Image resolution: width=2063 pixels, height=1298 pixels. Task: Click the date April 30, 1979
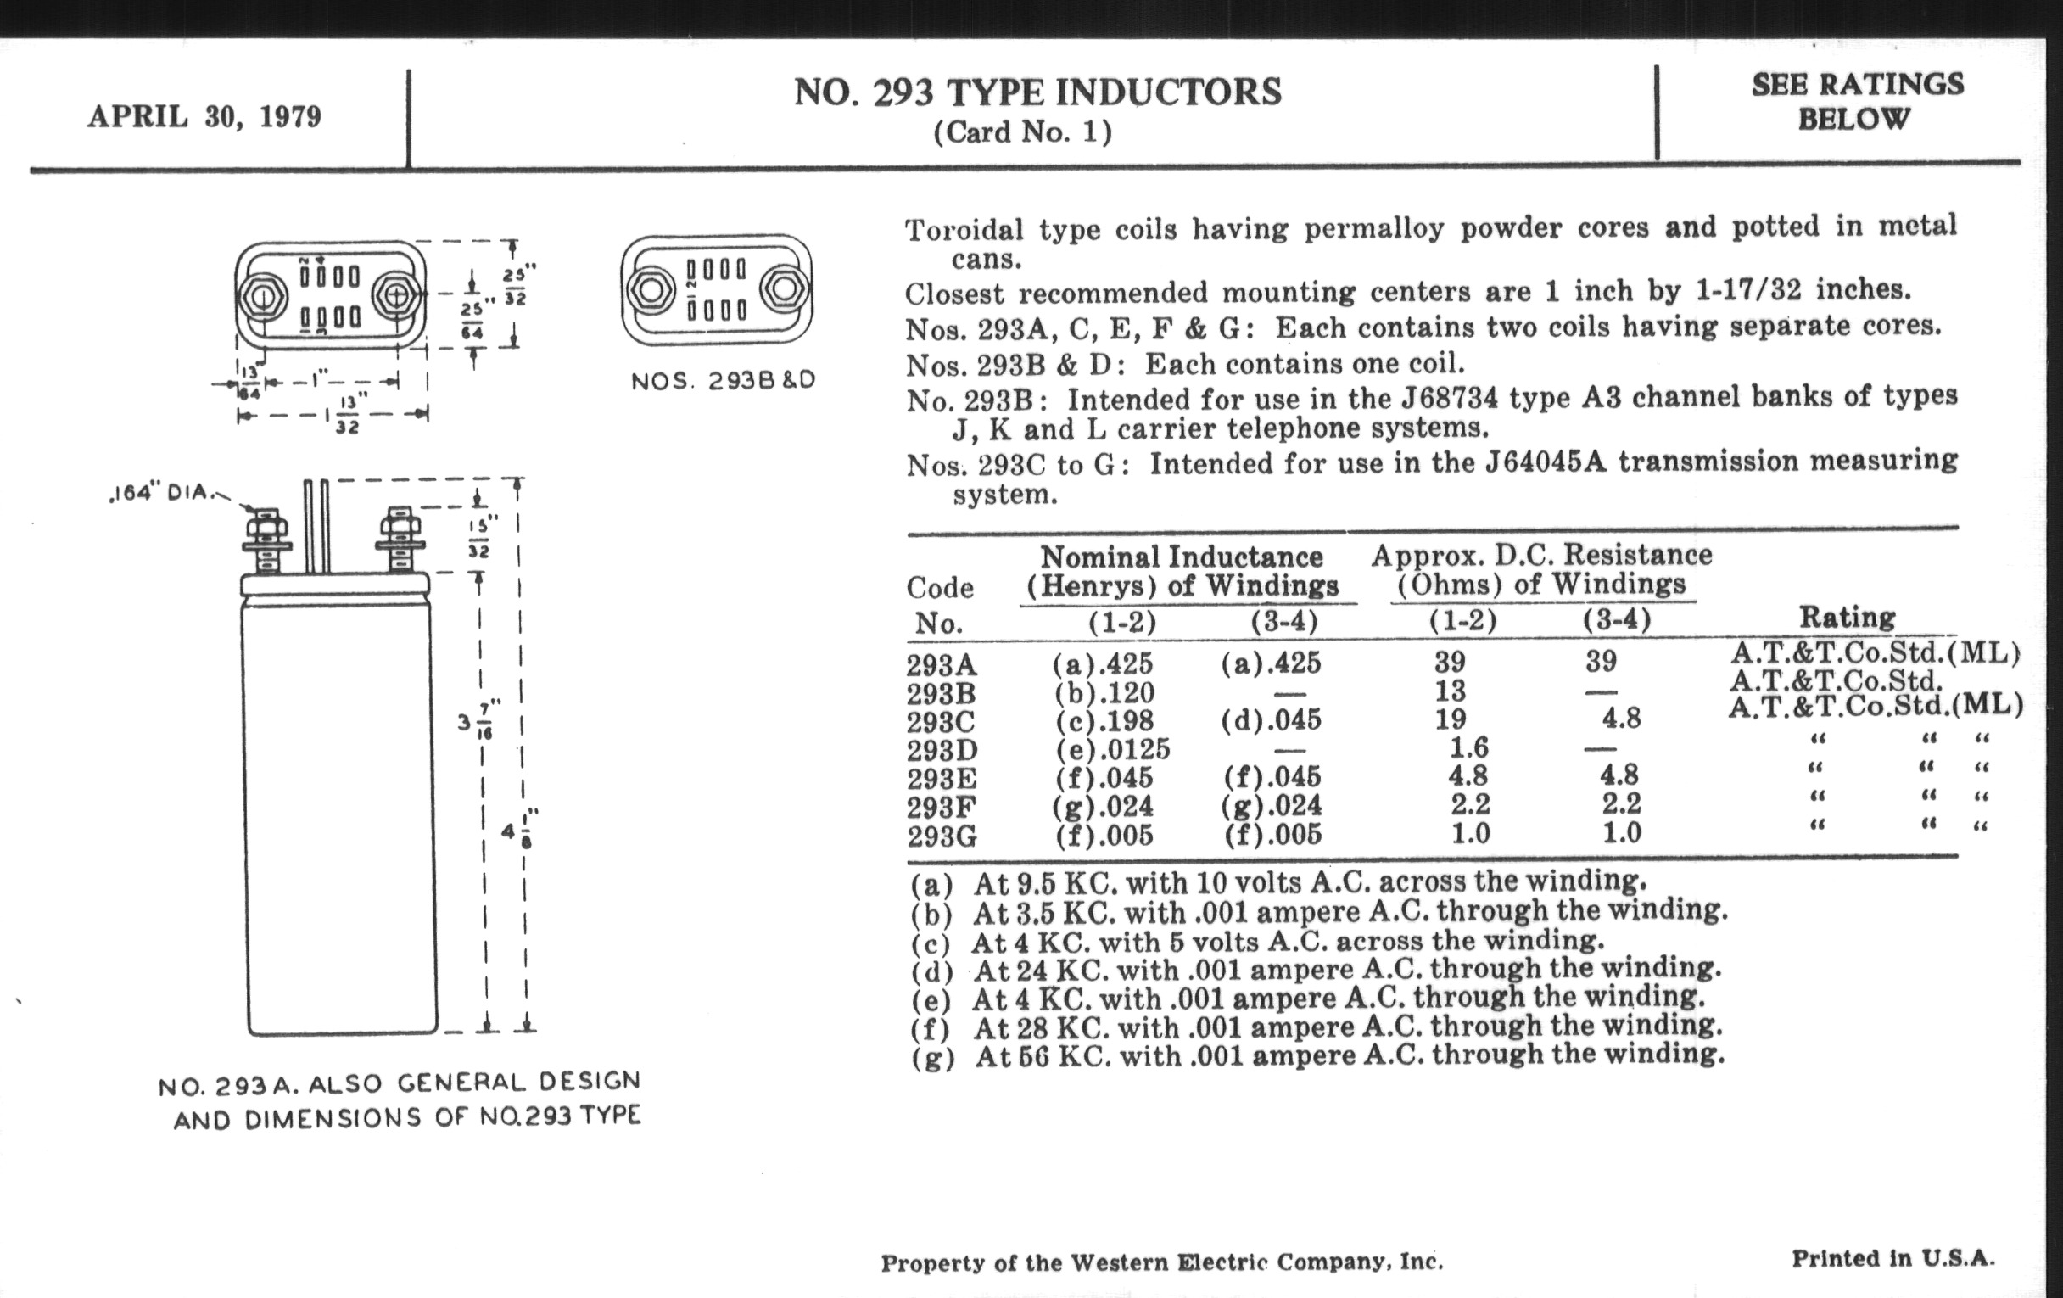(204, 116)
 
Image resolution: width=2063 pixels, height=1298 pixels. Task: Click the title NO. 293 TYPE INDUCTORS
(1037, 92)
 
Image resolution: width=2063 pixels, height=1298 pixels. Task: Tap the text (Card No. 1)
(1022, 132)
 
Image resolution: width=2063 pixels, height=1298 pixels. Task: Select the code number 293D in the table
(942, 751)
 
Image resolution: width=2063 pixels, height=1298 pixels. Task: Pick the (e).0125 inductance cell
(1112, 750)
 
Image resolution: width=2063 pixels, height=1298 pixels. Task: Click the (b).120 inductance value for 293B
(1104, 692)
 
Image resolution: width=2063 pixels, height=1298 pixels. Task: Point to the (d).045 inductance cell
(1272, 719)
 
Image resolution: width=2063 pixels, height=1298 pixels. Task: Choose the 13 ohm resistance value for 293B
(1450, 691)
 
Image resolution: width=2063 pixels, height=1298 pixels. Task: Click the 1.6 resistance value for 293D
(1468, 749)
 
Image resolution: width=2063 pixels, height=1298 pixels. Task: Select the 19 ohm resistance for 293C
(1451, 719)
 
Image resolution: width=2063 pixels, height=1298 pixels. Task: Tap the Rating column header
(1847, 617)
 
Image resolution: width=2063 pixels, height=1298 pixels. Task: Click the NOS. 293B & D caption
(723, 380)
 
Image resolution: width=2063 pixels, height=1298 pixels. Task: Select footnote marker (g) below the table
(932, 1057)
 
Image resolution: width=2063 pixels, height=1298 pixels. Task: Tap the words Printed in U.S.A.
(1892, 1259)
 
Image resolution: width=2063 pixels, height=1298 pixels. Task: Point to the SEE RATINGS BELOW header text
(1857, 101)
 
